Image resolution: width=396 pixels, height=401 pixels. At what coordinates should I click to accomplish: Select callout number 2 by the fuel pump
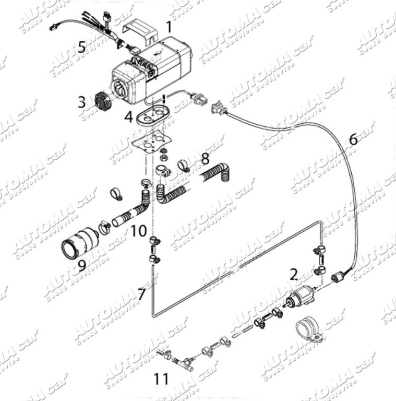coord(294,273)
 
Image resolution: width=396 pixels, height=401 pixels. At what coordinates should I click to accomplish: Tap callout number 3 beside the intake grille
coord(82,101)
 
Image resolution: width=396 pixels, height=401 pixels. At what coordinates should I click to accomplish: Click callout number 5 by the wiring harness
coord(81,46)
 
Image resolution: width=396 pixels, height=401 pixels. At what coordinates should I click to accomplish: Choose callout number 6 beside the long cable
coord(353,139)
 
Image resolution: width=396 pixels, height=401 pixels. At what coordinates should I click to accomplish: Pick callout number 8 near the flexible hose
coord(205,157)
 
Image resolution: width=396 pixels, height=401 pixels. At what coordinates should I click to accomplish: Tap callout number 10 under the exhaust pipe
coord(138,230)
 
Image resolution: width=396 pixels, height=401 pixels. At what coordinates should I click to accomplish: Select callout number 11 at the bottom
coord(161,378)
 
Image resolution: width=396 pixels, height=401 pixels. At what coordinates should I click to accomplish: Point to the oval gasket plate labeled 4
coord(152,114)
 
